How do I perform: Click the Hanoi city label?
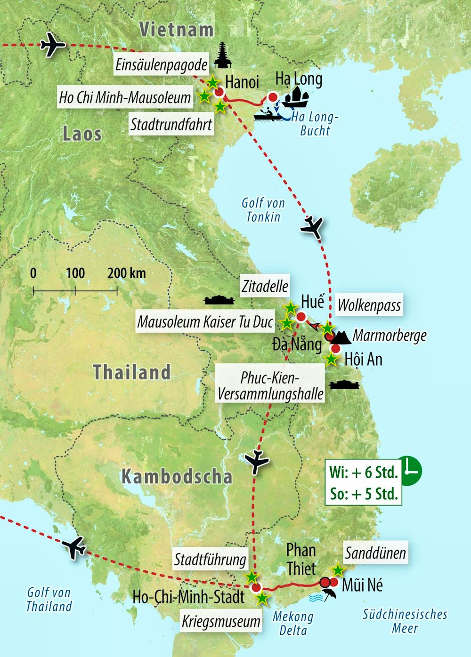pyautogui.click(x=242, y=82)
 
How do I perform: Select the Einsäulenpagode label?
pyautogui.click(x=162, y=65)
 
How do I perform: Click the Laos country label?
pyautogui.click(x=82, y=134)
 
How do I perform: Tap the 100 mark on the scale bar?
pyautogui.click(x=75, y=273)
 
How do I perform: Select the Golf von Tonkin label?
pyautogui.click(x=263, y=209)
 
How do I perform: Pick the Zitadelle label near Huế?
pyautogui.click(x=265, y=285)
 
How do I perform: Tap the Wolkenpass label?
pyautogui.click(x=369, y=305)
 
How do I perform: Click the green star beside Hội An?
pyautogui.click(x=332, y=360)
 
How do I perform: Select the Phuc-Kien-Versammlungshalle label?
pyautogui.click(x=270, y=385)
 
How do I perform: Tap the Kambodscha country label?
pyautogui.click(x=177, y=477)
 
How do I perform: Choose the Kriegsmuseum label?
pyautogui.click(x=221, y=621)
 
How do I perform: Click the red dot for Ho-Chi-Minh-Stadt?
pyautogui.click(x=256, y=587)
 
